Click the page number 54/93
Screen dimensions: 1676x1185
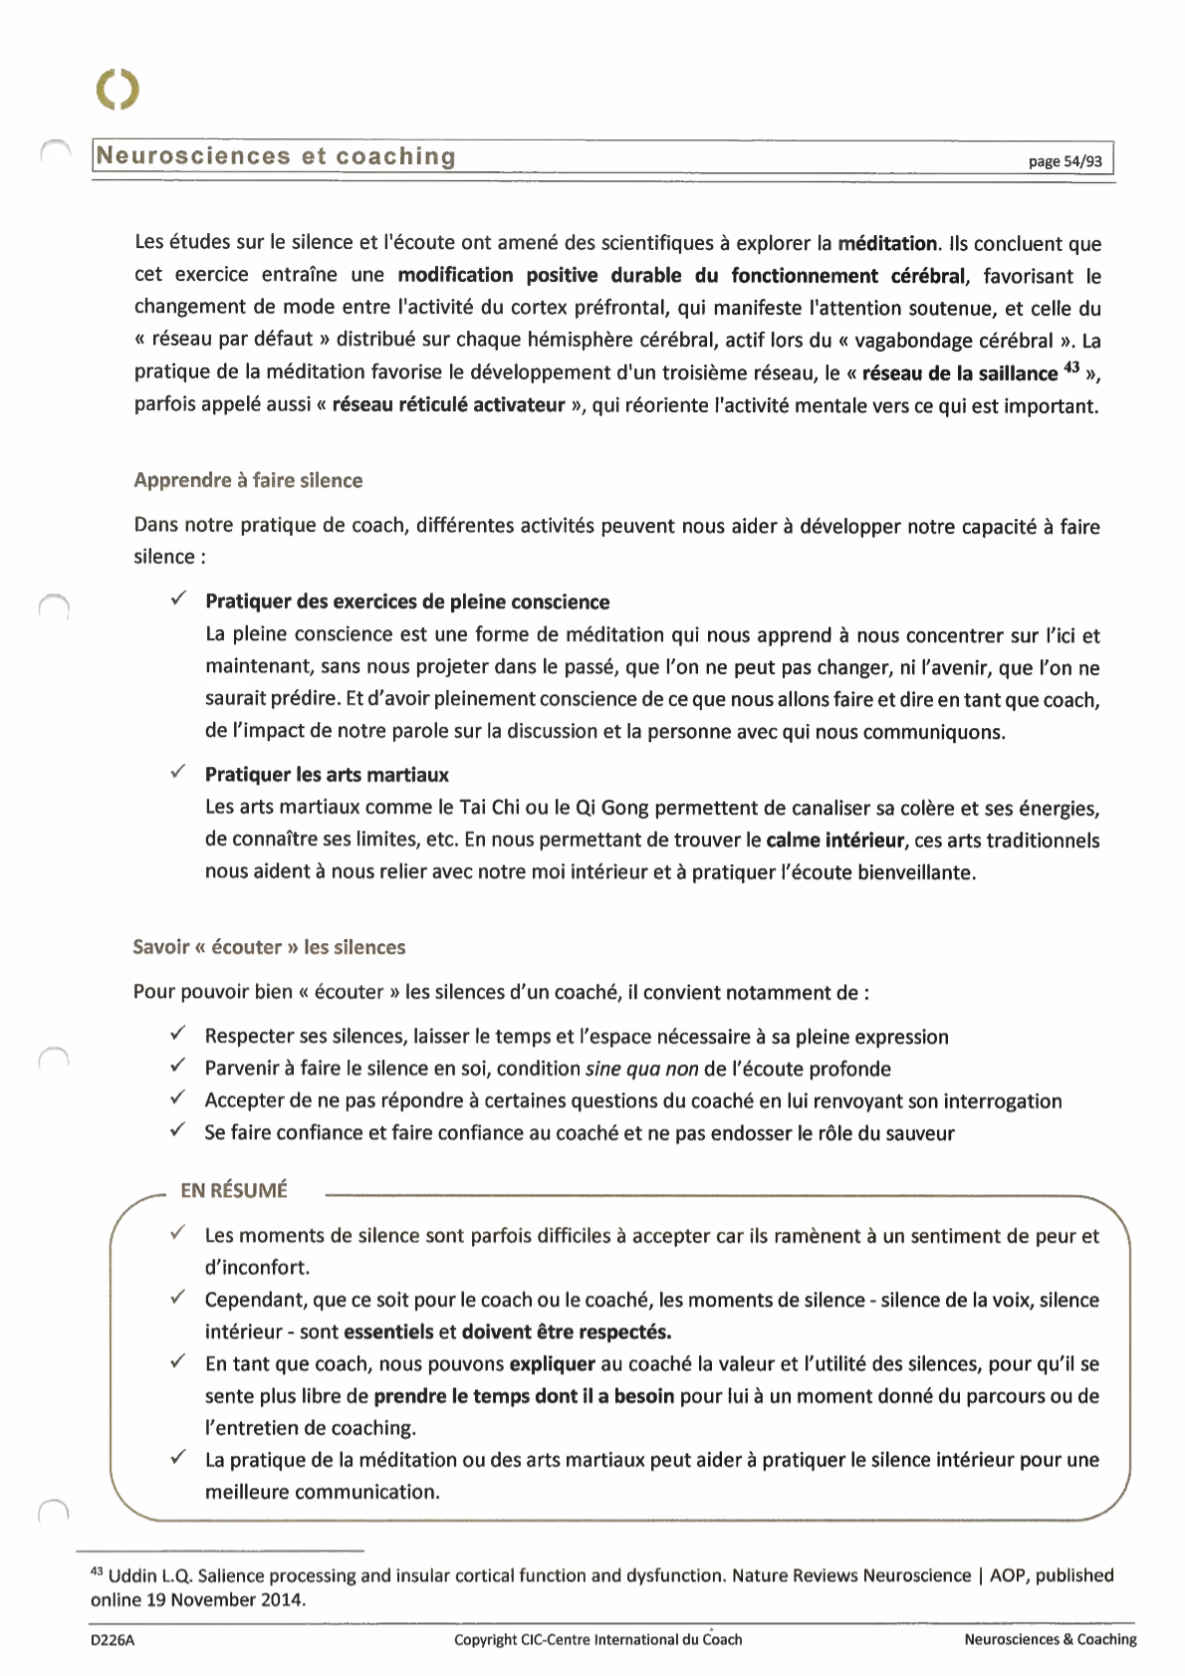click(1065, 161)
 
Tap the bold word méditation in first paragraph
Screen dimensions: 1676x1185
click(887, 243)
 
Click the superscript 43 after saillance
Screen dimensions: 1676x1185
click(1071, 368)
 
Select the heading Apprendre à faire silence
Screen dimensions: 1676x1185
click(248, 480)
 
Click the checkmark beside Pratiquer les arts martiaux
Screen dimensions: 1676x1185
click(177, 772)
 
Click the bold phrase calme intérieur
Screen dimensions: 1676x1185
click(835, 839)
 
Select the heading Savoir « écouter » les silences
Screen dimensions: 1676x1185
click(269, 947)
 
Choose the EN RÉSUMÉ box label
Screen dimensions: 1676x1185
click(234, 1190)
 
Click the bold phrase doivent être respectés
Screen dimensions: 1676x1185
click(567, 1331)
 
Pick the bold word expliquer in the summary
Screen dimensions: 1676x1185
click(552, 1363)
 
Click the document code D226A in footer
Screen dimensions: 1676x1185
click(113, 1639)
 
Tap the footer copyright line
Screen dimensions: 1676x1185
click(597, 1639)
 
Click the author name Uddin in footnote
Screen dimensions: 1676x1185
click(132, 1575)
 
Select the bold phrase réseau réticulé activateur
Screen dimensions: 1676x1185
click(448, 405)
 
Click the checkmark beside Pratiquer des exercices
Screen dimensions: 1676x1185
click(177, 599)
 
